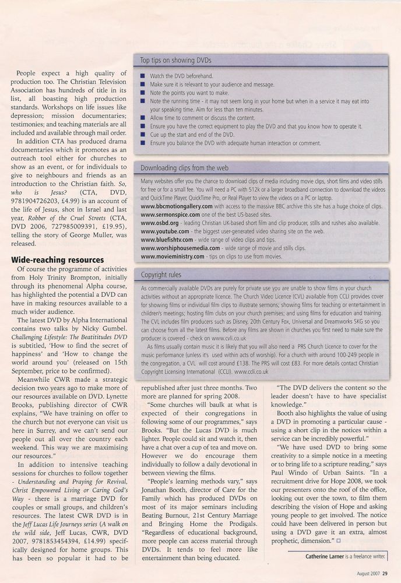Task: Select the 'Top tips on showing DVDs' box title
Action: [x=176, y=61]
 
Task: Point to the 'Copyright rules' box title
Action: [x=160, y=274]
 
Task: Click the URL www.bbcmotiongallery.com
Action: [x=181, y=206]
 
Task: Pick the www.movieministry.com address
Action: [x=173, y=255]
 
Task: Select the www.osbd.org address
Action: [x=159, y=223]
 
